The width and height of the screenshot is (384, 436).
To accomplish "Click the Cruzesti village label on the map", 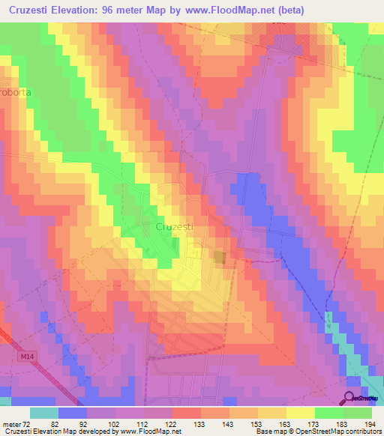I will (x=175, y=225).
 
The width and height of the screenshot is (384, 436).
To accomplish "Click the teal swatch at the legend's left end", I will (x=44, y=413).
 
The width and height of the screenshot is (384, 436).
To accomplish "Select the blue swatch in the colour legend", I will (x=73, y=413).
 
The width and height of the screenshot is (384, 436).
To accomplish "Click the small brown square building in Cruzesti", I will (x=220, y=258).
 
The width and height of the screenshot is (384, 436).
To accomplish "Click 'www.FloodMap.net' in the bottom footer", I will (x=151, y=432).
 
